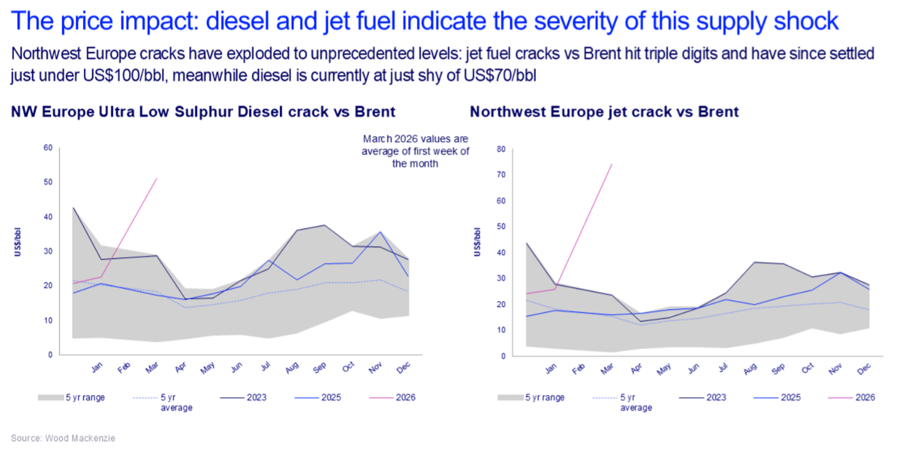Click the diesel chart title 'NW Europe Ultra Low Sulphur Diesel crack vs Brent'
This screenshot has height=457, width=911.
click(x=203, y=112)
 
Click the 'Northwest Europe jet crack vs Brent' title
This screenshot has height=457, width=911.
click(x=604, y=112)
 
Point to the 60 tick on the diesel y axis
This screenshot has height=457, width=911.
click(x=48, y=148)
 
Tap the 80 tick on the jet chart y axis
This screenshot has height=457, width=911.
click(x=500, y=149)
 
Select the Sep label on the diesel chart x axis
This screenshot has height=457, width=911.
click(x=319, y=369)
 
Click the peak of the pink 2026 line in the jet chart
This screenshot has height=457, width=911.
click(x=612, y=164)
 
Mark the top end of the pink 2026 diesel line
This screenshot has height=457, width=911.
click(x=157, y=178)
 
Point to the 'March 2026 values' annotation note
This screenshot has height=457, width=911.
click(x=415, y=151)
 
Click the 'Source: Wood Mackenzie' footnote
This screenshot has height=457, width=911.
click(x=63, y=438)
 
